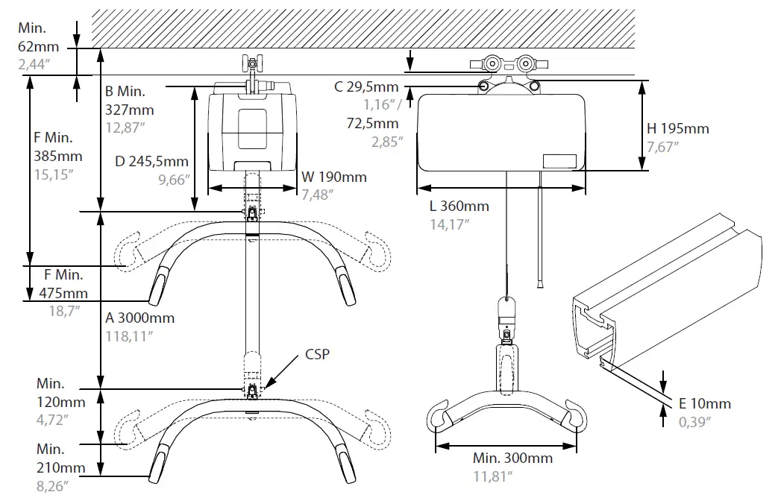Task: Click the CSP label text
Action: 318,354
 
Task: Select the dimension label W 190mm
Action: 334,177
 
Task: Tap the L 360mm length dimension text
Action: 459,206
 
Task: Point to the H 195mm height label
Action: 677,128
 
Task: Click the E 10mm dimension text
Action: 705,403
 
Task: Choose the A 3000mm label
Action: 139,318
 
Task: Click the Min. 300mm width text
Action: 512,458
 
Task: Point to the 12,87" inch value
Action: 125,127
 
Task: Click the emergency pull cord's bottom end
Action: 538,283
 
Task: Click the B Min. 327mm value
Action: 130,110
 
